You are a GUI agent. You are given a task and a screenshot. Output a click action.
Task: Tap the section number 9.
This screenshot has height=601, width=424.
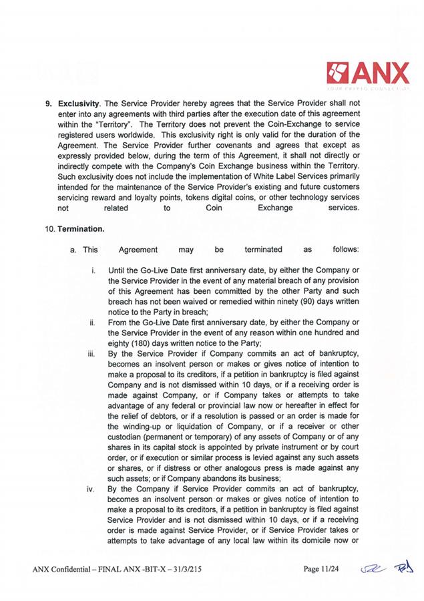[48, 104]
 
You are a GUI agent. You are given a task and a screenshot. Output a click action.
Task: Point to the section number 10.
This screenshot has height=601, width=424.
[50, 228]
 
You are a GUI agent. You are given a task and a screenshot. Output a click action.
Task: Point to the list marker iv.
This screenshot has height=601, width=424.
[90, 489]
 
